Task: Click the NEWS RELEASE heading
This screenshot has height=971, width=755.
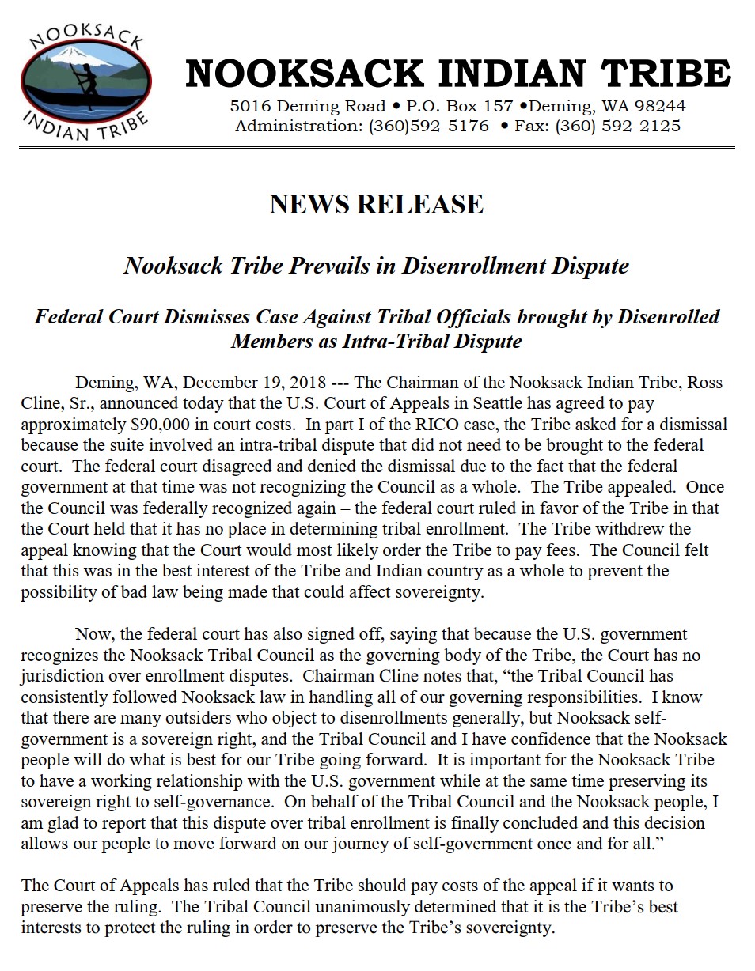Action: point(376,204)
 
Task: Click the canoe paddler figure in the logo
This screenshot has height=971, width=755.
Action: point(82,79)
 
